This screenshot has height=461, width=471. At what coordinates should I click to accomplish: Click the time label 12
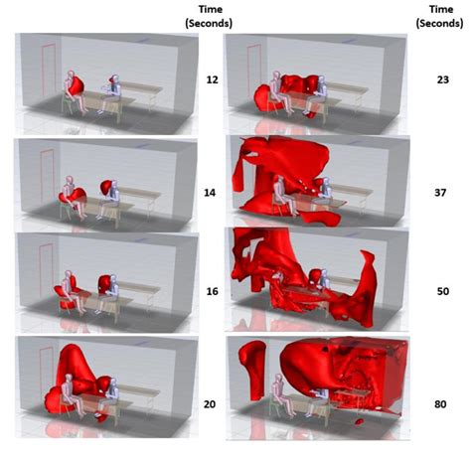(x=201, y=76)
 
